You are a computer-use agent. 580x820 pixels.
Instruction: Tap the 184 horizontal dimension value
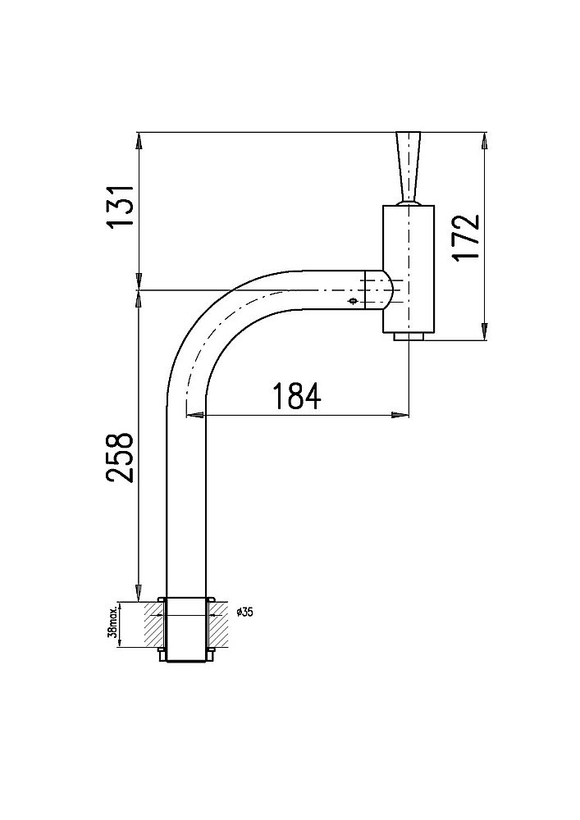[296, 396]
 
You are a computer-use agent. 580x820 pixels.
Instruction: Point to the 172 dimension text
[465, 237]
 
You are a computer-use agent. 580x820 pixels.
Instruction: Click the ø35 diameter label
[244, 613]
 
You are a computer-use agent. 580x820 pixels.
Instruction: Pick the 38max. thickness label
[112, 625]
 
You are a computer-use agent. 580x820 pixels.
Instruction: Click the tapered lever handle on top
[408, 166]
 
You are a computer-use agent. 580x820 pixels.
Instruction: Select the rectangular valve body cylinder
[409, 269]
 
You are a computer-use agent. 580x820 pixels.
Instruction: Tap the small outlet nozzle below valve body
[409, 337]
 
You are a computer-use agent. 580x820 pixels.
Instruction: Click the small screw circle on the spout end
[353, 301]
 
